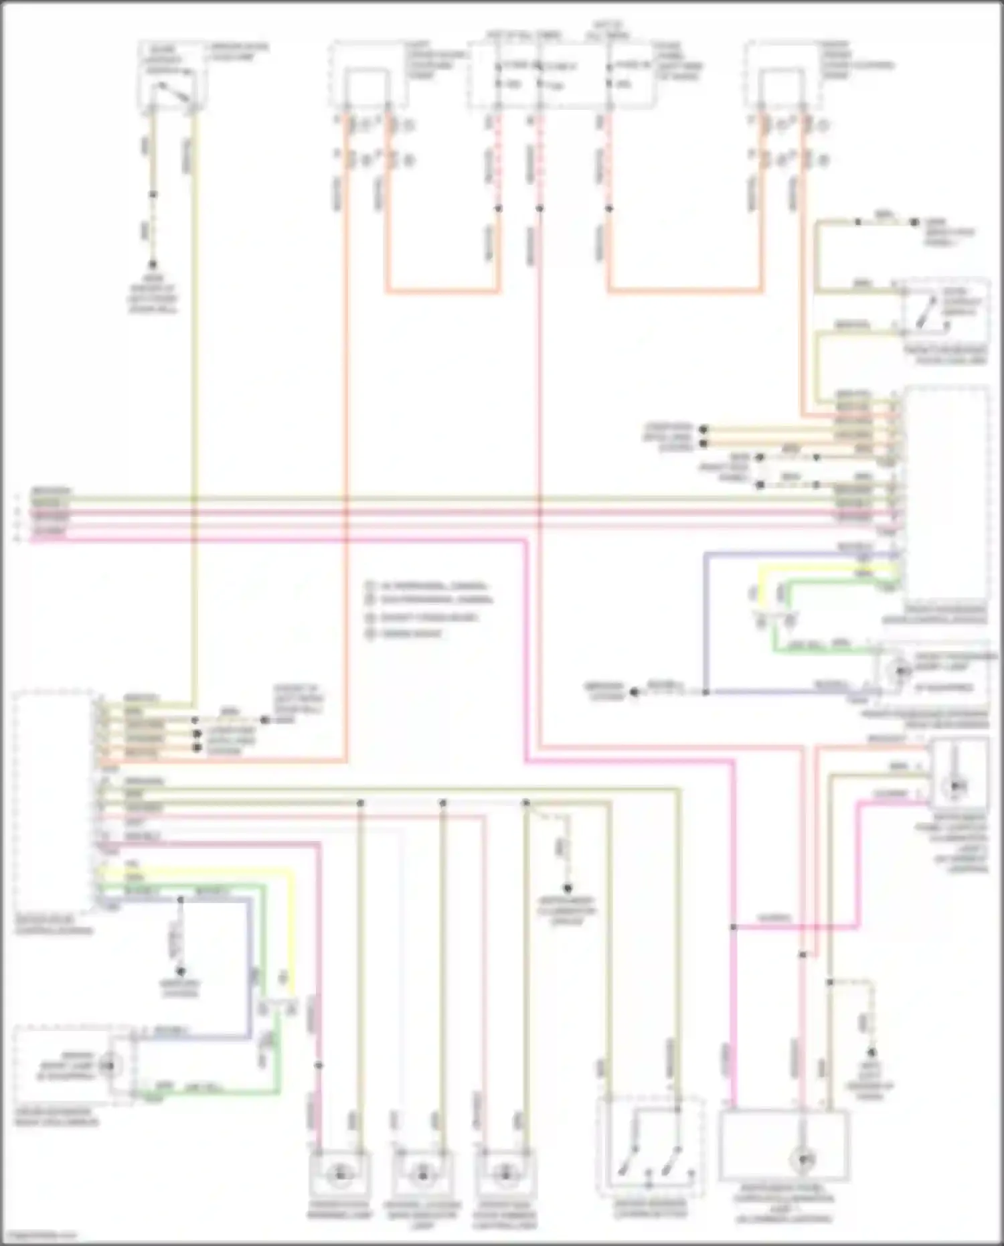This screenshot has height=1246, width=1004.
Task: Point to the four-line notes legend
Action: coord(428,609)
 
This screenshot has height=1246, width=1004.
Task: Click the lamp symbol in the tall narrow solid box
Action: coord(958,783)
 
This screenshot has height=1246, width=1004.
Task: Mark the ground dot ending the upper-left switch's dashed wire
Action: coord(153,265)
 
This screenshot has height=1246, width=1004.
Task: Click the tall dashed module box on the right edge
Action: coord(945,492)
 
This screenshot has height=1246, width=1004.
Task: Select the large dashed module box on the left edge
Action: coord(54,803)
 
